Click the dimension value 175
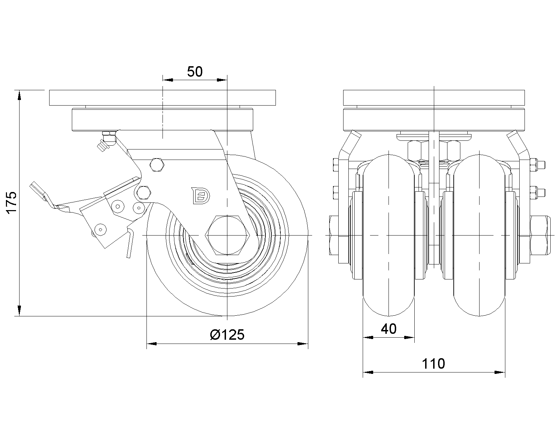click(x=12, y=202)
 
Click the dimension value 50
click(x=195, y=72)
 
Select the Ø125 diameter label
click(x=227, y=335)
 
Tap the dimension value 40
click(x=389, y=329)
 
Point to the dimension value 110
click(x=433, y=364)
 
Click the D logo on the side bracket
click(x=201, y=196)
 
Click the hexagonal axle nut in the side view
click(x=227, y=236)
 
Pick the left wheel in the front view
click(x=389, y=233)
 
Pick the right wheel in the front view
click(x=480, y=233)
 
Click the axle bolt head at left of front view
click(x=334, y=236)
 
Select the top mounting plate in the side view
click(x=162, y=98)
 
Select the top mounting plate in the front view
click(x=433, y=98)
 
